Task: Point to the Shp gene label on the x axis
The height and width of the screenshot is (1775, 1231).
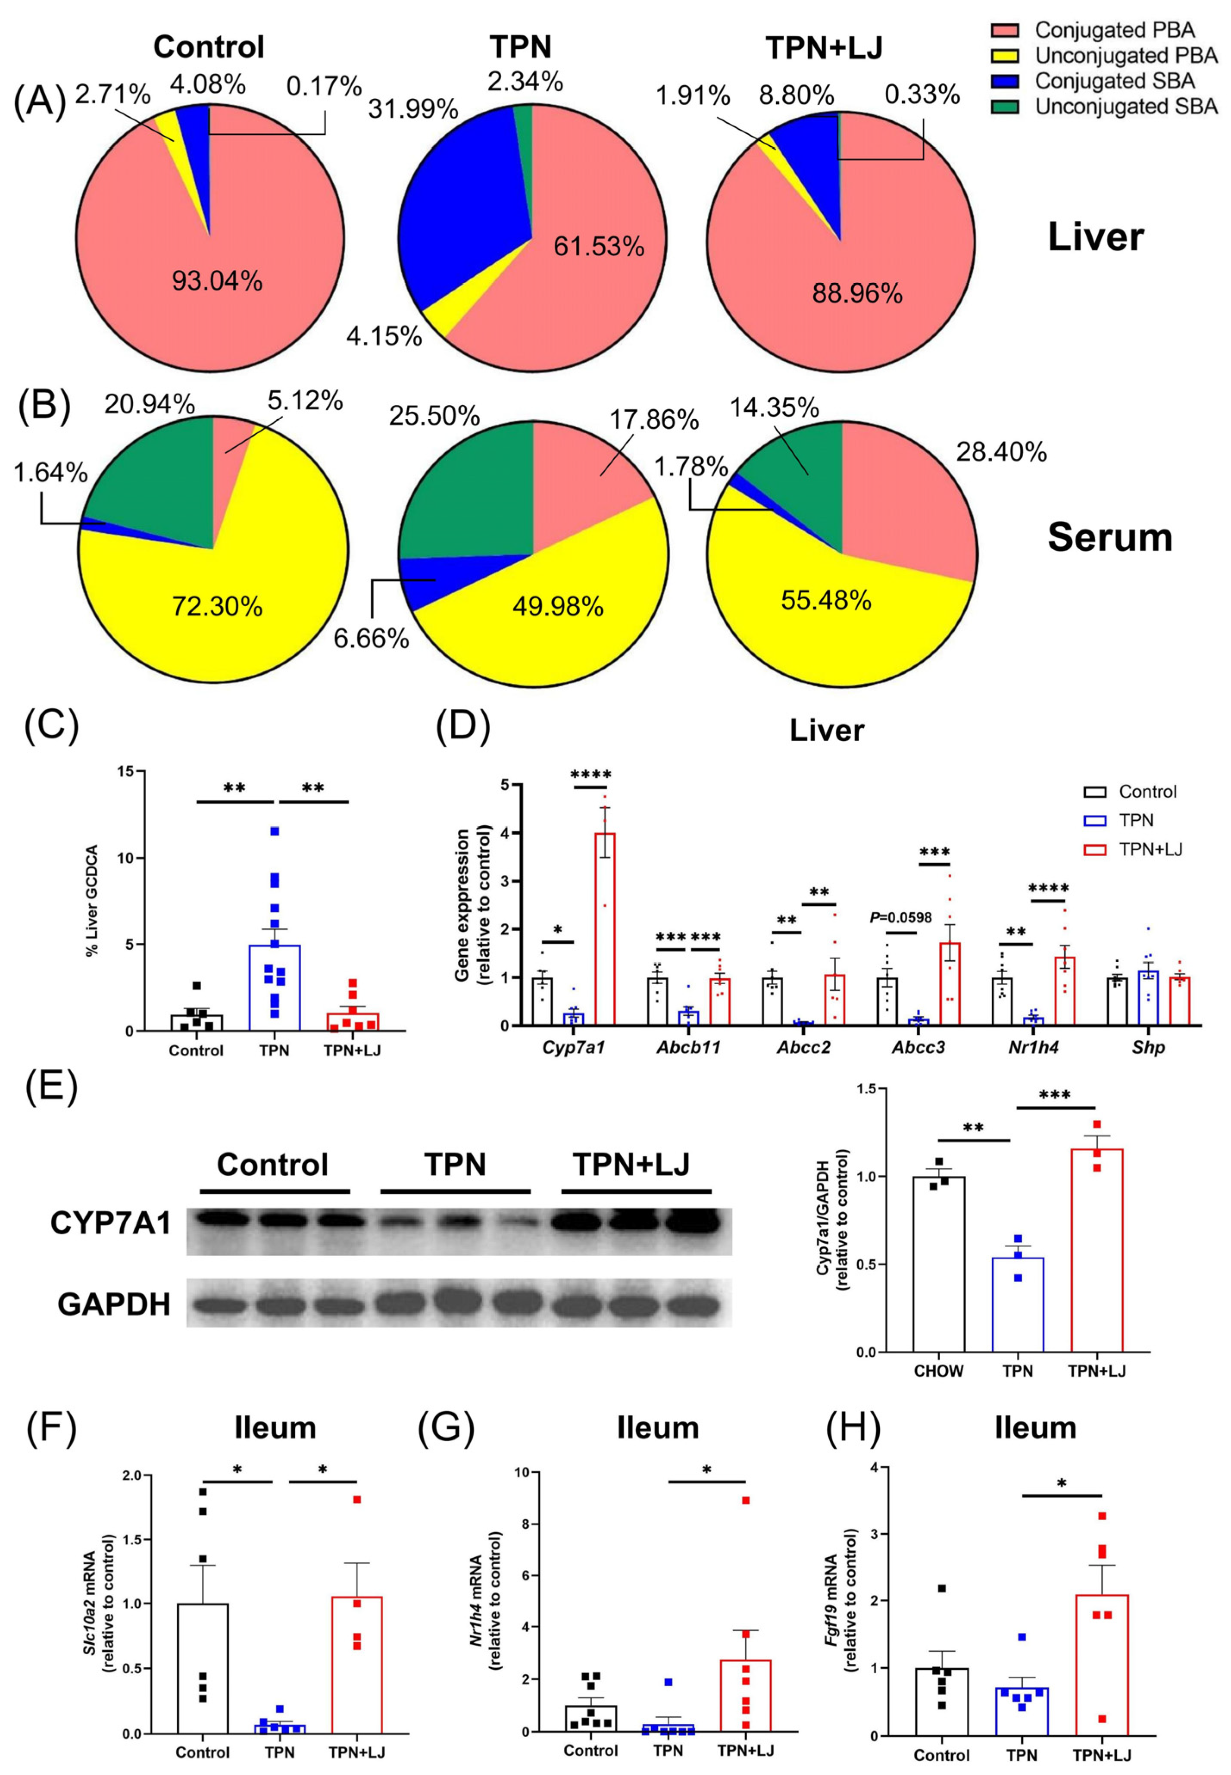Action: click(x=1148, y=1048)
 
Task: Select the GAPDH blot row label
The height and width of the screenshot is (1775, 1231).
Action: click(x=113, y=1304)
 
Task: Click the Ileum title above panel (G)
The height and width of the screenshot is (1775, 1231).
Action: click(x=658, y=1428)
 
